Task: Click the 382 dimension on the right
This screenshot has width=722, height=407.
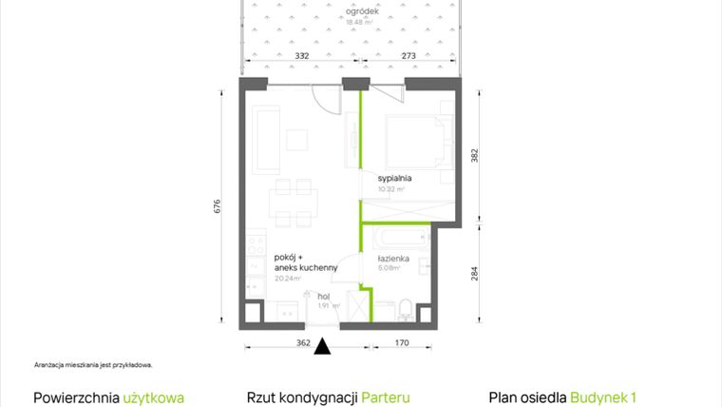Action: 476,154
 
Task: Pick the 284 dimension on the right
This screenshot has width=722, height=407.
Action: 476,275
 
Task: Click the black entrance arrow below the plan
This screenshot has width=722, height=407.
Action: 324,347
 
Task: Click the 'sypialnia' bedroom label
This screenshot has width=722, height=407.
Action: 394,178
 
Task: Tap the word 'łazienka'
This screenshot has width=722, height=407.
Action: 392,258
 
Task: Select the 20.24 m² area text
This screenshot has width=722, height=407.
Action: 287,279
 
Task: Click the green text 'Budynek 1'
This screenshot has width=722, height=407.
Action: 601,397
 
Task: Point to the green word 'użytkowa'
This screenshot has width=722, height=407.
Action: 153,397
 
